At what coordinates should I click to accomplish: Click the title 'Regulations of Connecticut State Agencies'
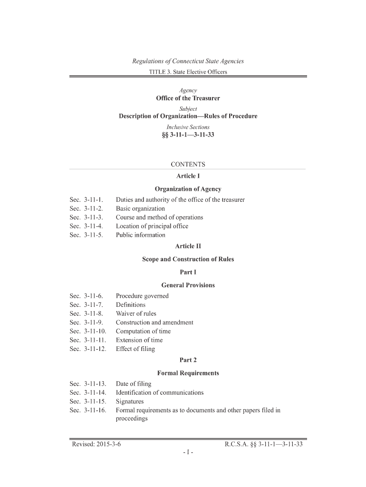click(x=188, y=61)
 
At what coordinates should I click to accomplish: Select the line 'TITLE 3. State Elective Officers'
click(x=188, y=72)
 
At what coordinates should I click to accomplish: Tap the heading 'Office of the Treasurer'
click(x=188, y=98)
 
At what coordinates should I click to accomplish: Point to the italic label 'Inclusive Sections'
click(x=188, y=127)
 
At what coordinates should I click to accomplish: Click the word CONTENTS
click(x=188, y=165)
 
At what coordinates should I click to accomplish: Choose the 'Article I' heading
click(x=188, y=176)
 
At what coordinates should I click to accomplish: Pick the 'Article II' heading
click(x=188, y=246)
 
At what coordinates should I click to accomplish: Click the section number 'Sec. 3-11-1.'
click(x=87, y=200)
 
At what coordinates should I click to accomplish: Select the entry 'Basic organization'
click(x=140, y=209)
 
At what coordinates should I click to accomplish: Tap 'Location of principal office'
click(x=152, y=226)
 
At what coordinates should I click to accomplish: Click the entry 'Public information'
click(x=141, y=235)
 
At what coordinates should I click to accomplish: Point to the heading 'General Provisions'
click(x=188, y=285)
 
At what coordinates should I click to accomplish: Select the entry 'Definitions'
click(x=131, y=305)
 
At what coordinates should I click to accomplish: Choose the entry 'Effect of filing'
click(x=135, y=349)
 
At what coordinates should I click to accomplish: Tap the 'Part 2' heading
click(x=188, y=360)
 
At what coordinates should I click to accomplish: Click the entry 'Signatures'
click(x=130, y=401)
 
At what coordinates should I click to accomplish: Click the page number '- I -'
click(x=187, y=453)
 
